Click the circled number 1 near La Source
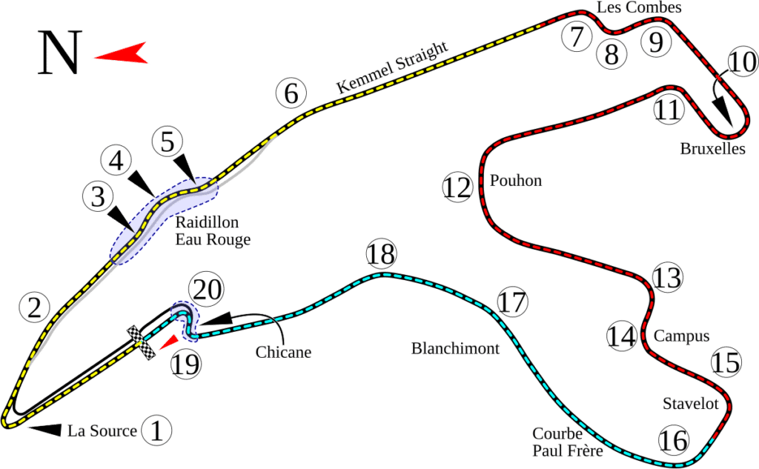pos(156,430)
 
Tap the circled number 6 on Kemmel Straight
pos(291,93)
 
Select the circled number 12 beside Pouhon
pos(457,187)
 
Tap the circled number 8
pos(611,53)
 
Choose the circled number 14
pos(621,336)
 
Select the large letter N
pos(59,53)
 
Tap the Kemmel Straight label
pos(393,67)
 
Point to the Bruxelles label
pos(712,149)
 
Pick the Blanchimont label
pos(456,348)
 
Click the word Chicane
pos(283,353)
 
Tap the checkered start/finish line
pos(143,343)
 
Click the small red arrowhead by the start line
pos(170,340)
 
